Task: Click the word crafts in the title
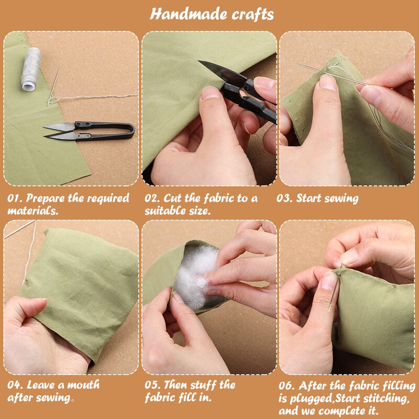click(x=253, y=15)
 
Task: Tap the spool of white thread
click(x=30, y=69)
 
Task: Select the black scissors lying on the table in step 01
click(x=89, y=131)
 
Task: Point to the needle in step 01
click(x=53, y=86)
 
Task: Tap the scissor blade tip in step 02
click(x=199, y=61)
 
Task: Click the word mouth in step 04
click(x=83, y=385)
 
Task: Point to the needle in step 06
click(x=335, y=289)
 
